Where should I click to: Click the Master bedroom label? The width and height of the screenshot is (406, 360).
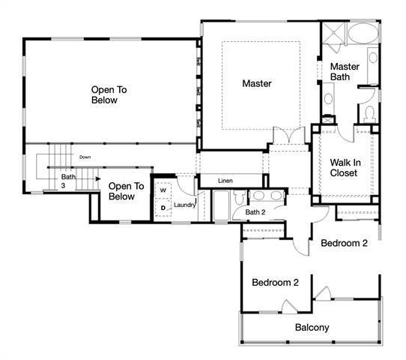[x=256, y=83]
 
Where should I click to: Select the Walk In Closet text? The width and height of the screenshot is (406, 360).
[x=344, y=167]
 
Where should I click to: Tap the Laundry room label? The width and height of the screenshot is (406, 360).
[x=184, y=205]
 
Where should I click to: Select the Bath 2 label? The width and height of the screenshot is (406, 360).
[x=256, y=212]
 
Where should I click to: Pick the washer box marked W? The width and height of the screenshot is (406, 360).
[x=163, y=191]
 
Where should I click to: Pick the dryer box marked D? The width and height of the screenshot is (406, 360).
[x=163, y=208]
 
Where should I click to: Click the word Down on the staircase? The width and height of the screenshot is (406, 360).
[x=85, y=157]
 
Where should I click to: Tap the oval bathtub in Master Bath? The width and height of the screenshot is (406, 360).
[x=365, y=34]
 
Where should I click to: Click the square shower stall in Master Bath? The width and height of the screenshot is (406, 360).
[x=333, y=34]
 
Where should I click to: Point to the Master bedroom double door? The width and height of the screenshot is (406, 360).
[x=289, y=137]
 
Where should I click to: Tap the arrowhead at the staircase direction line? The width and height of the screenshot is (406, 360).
[x=97, y=178]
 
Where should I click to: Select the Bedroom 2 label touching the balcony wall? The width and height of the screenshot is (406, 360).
[x=275, y=283]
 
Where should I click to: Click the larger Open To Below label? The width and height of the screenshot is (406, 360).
[x=109, y=94]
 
